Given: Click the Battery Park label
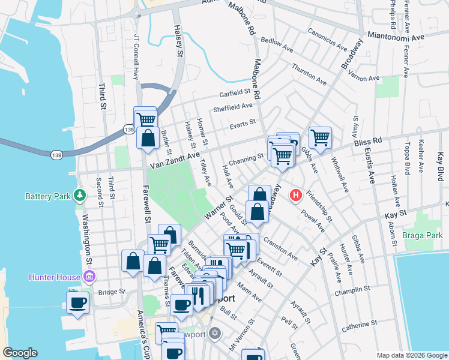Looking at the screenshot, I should tap(47, 196).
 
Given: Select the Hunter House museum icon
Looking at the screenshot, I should tap(89, 277).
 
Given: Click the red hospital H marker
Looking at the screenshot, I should tap(295, 195).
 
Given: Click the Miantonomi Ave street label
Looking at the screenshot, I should tap(396, 36).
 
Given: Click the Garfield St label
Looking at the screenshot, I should tap(235, 94).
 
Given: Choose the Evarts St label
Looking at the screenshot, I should tap(243, 124).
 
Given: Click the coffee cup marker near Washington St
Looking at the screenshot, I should tap(77, 302).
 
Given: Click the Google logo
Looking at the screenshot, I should tap(20, 353).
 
